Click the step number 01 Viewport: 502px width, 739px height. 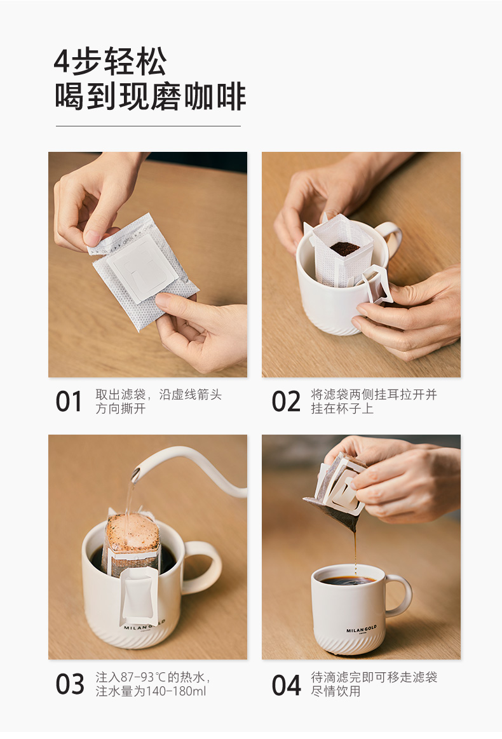click(x=69, y=402)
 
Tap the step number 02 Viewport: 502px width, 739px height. click(x=286, y=402)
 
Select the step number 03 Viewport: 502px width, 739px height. click(x=70, y=684)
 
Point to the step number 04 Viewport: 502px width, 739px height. click(x=286, y=685)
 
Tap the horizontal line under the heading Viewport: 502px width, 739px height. click(x=148, y=126)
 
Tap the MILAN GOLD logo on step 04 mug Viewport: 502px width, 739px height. click(x=362, y=630)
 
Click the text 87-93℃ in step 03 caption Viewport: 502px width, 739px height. click(x=140, y=677)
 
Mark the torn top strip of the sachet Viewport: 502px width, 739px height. click(x=120, y=234)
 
